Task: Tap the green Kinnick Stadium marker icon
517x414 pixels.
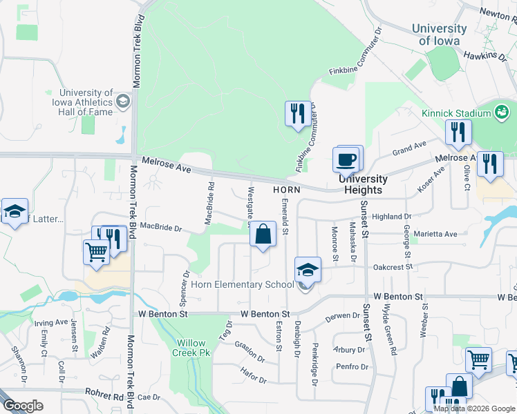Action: click(x=502, y=112)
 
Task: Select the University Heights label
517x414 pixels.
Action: click(x=363, y=184)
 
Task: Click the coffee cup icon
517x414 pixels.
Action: click(x=346, y=160)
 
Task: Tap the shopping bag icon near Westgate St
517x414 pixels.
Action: click(x=263, y=235)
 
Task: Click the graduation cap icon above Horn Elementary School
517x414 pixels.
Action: click(x=308, y=270)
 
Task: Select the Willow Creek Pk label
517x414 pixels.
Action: click(x=191, y=348)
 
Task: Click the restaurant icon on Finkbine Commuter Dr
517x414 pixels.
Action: click(x=298, y=114)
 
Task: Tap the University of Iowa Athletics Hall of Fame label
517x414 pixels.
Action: click(x=86, y=102)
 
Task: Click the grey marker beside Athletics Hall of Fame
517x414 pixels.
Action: click(x=123, y=102)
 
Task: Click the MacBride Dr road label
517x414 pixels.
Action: click(x=160, y=227)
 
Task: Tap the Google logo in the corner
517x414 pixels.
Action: click(x=22, y=406)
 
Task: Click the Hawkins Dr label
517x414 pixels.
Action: click(x=480, y=55)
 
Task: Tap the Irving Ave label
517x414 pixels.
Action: click(x=51, y=322)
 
